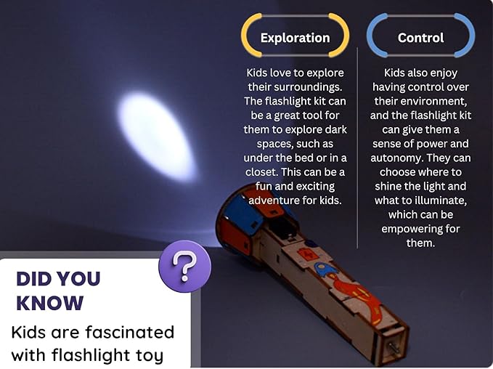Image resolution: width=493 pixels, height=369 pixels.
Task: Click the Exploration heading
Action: pyautogui.click(x=295, y=38)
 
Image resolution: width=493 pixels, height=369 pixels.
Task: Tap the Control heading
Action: pyautogui.click(x=420, y=38)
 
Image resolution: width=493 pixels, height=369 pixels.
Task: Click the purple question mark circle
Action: pyautogui.click(x=185, y=267)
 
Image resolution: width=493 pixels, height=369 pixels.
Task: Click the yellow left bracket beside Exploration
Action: pyautogui.click(x=247, y=35)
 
